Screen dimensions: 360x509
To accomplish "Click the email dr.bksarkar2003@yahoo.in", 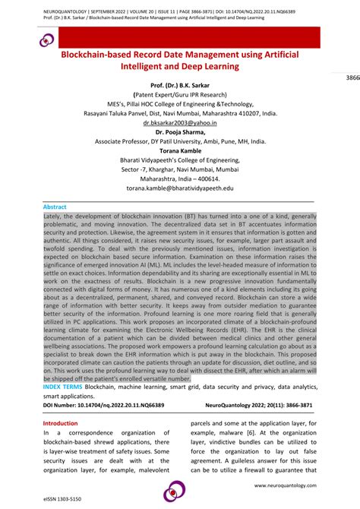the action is tap(180, 122).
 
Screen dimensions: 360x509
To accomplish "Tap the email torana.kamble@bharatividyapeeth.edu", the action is tap(180, 187).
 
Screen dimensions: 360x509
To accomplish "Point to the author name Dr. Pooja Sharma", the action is tap(180, 131).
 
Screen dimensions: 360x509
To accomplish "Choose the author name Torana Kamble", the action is tap(180, 150).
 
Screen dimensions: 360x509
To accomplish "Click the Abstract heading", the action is tap(55, 207).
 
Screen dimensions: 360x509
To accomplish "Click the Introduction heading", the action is tap(61, 423).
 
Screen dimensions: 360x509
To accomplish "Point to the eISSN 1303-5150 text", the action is tap(57, 499).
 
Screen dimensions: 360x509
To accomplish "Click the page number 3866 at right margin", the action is tap(352, 78).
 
